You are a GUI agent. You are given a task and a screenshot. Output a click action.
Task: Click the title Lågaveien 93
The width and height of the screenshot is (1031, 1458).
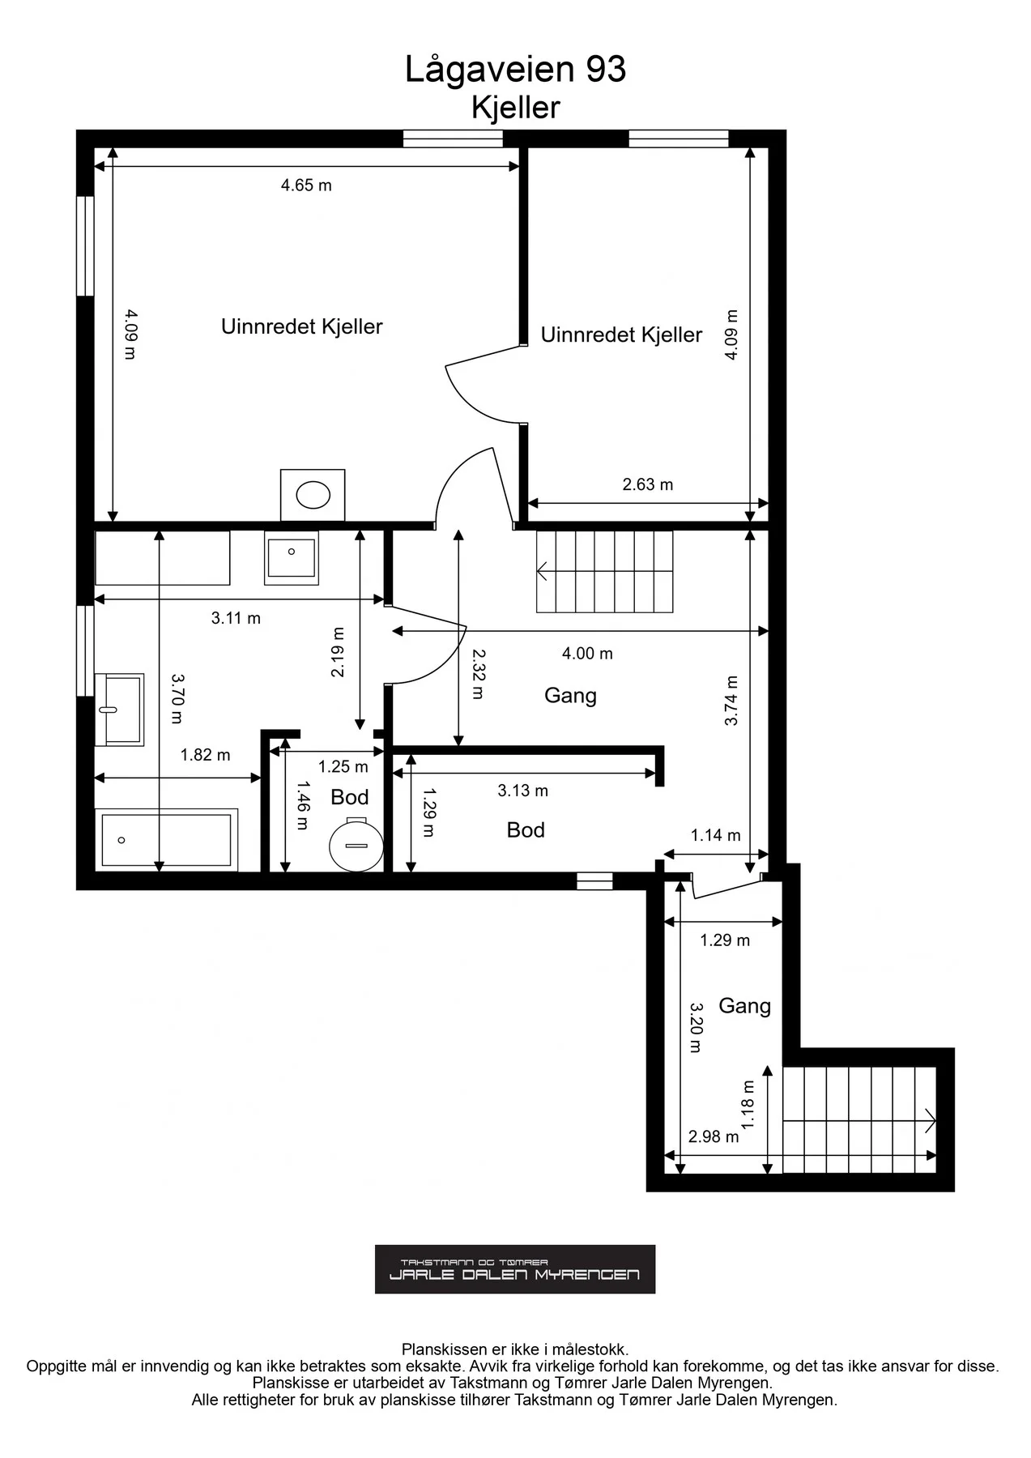pos(515,70)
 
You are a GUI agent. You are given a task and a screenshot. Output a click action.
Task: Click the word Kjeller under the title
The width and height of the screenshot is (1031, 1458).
pos(516,108)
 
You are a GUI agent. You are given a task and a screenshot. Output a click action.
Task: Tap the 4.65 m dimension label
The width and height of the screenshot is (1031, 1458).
pos(306,185)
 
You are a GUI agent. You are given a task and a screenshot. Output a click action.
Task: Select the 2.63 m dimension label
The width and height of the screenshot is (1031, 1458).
pos(648,484)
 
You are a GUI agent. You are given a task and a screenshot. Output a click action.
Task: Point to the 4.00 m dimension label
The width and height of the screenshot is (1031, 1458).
pos(587,653)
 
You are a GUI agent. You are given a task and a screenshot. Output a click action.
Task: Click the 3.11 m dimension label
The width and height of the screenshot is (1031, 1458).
pos(236,618)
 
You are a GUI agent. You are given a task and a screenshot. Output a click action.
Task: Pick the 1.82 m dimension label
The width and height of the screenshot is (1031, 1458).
pos(205,755)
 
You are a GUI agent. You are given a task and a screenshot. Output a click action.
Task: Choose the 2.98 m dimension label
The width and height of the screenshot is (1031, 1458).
pos(714,1136)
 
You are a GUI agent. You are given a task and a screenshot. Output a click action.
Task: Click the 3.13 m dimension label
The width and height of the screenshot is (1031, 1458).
pos(522,791)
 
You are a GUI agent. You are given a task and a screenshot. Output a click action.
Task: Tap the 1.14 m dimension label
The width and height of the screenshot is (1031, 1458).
pos(715,835)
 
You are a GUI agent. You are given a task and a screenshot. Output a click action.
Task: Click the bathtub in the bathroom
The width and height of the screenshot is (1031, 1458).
pos(166,839)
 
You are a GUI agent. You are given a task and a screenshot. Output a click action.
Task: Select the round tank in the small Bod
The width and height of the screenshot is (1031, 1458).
pos(356,844)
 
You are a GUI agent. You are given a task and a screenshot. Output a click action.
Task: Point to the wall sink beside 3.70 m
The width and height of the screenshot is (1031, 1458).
pos(119,709)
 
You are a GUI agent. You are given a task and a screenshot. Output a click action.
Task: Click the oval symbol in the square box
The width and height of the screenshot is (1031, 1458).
pos(313,495)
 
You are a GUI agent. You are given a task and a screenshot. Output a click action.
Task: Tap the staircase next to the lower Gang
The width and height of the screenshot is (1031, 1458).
pos(859,1120)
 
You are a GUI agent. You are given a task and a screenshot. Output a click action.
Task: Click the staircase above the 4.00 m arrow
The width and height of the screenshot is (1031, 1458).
pos(604,571)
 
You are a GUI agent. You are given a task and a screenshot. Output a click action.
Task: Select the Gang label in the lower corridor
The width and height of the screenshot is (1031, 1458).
pos(744,1006)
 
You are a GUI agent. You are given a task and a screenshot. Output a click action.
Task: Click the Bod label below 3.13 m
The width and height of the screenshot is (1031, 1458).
pos(526,829)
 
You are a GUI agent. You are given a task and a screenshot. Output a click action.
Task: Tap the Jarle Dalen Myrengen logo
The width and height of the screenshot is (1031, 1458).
pos(515,1269)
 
